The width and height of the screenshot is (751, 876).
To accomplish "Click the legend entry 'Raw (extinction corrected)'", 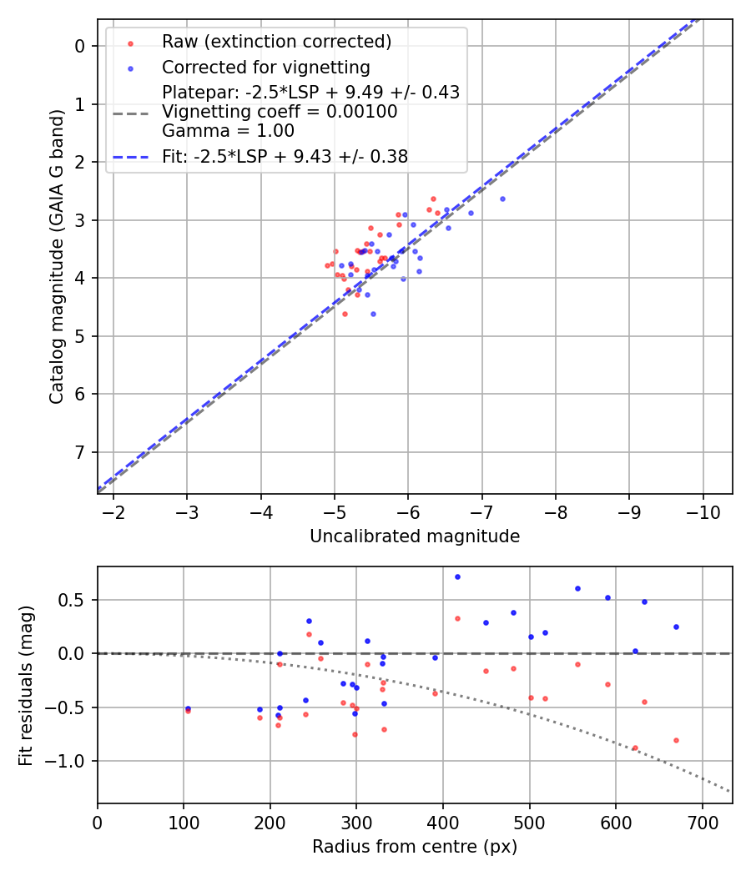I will [x=276, y=42].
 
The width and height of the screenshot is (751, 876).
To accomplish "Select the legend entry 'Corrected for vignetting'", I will [x=265, y=67].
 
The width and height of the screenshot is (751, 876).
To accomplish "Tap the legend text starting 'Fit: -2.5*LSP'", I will [x=285, y=156].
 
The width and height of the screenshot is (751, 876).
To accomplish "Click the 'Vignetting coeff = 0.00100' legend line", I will [x=280, y=111].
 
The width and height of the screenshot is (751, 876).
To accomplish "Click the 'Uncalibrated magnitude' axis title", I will [x=415, y=536].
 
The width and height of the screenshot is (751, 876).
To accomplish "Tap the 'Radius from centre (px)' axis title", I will [x=415, y=847].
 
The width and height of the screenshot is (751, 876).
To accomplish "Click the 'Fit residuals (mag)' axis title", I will [x=27, y=684].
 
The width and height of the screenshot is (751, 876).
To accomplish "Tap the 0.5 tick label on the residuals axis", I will [x=75, y=600].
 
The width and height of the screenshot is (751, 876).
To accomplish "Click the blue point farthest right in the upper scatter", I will [x=502, y=199].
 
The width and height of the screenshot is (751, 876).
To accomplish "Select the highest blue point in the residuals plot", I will [x=457, y=576].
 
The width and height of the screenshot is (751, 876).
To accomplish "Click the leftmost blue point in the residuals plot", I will [x=188, y=708].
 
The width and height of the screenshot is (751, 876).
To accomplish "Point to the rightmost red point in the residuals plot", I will [x=676, y=740].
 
